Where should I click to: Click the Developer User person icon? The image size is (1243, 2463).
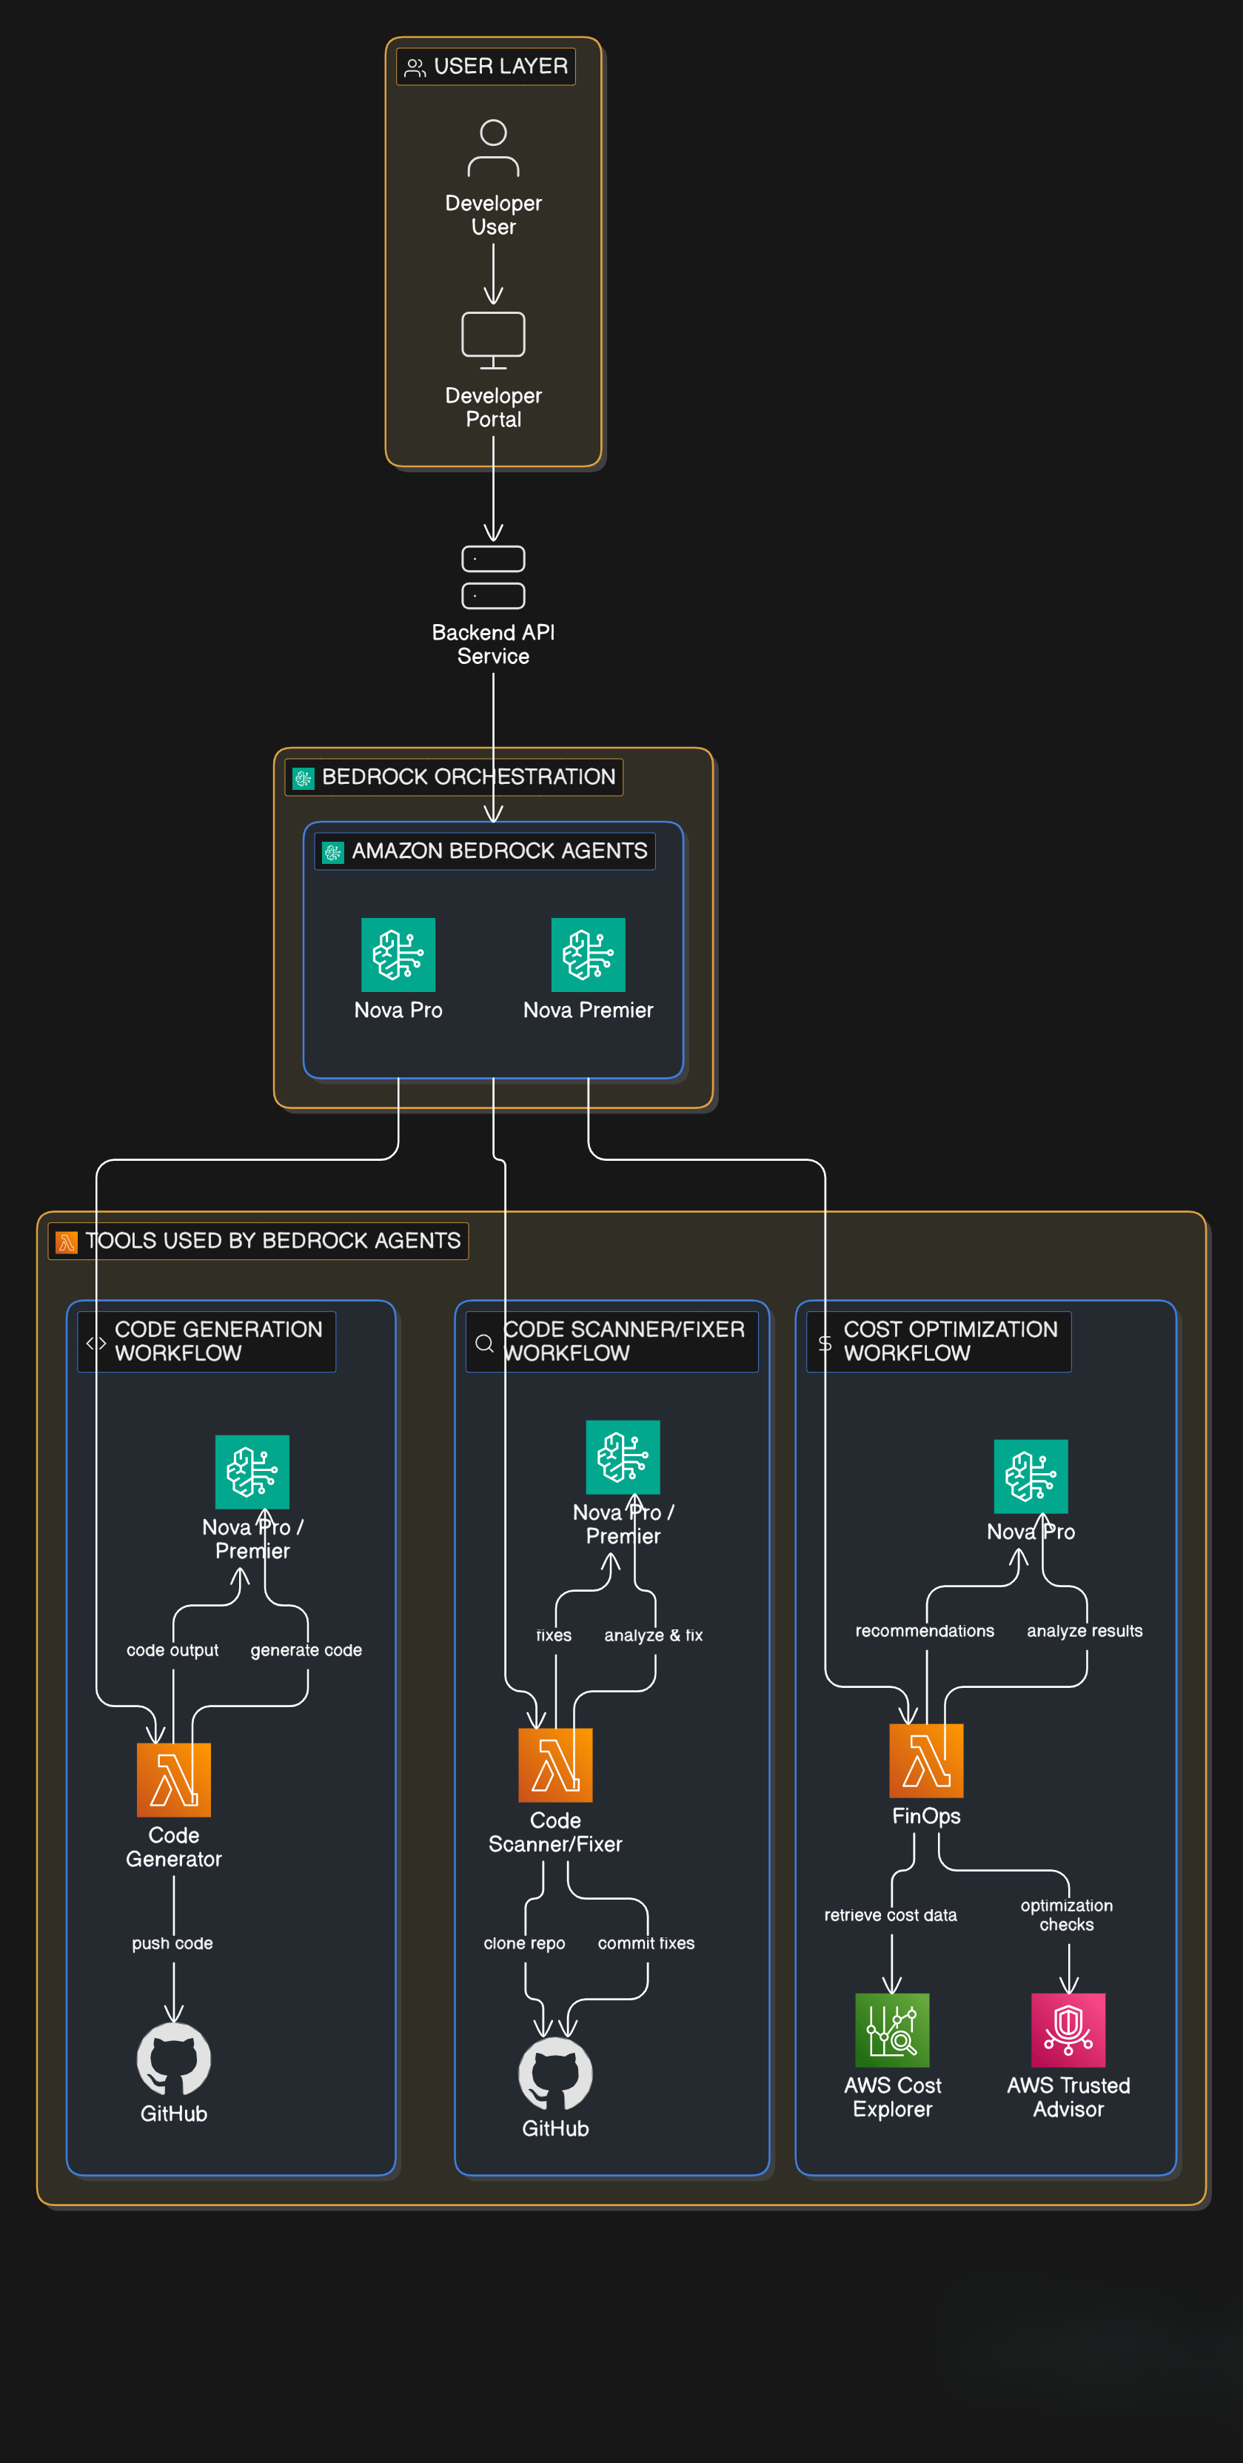pyautogui.click(x=493, y=148)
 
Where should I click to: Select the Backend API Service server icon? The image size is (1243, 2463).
pyautogui.click(x=493, y=577)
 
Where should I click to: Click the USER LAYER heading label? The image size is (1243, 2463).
pyautogui.click(x=500, y=66)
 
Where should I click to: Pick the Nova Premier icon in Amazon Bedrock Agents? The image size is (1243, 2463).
pyautogui.click(x=588, y=954)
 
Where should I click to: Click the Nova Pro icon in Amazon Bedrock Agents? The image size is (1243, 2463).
pyautogui.click(x=398, y=954)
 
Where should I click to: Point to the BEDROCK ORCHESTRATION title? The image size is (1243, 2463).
pyautogui.click(x=469, y=777)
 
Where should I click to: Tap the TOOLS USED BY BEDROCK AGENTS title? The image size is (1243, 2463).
pyautogui.click(x=273, y=1240)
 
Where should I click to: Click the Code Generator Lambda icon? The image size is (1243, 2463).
pyautogui.click(x=173, y=1780)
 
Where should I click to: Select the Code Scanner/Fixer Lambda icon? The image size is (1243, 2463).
pyautogui.click(x=555, y=1764)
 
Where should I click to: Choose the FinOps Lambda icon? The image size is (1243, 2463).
pyautogui.click(x=927, y=1760)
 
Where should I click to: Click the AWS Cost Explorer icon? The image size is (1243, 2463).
pyautogui.click(x=892, y=2030)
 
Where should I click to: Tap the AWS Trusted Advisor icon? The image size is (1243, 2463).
pyautogui.click(x=1068, y=2030)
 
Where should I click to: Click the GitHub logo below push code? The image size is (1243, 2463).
pyautogui.click(x=174, y=2059)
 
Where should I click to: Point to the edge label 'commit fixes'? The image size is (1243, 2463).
pyautogui.click(x=646, y=1943)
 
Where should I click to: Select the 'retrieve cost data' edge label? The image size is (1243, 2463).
pyautogui.click(x=890, y=1915)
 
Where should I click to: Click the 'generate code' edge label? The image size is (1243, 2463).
pyautogui.click(x=306, y=1650)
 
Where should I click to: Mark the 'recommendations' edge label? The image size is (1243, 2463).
pyautogui.click(x=925, y=1631)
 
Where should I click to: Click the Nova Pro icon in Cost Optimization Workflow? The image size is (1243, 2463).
pyautogui.click(x=1031, y=1476)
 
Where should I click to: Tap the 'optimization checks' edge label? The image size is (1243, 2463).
pyautogui.click(x=1066, y=1915)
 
